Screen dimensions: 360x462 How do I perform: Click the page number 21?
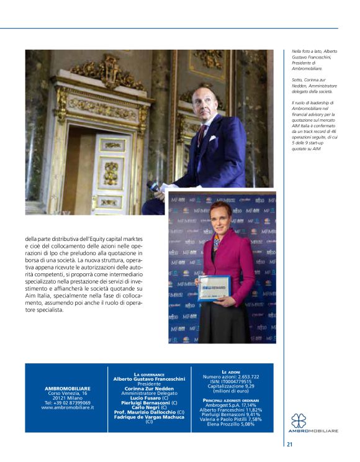(290, 443)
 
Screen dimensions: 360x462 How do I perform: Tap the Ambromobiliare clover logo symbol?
(299, 420)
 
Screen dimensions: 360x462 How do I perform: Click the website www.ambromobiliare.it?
(68, 407)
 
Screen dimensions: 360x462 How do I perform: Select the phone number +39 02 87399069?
(68, 402)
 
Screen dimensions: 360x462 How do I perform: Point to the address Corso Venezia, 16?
(68, 393)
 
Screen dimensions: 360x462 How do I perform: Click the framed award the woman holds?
(214, 288)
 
